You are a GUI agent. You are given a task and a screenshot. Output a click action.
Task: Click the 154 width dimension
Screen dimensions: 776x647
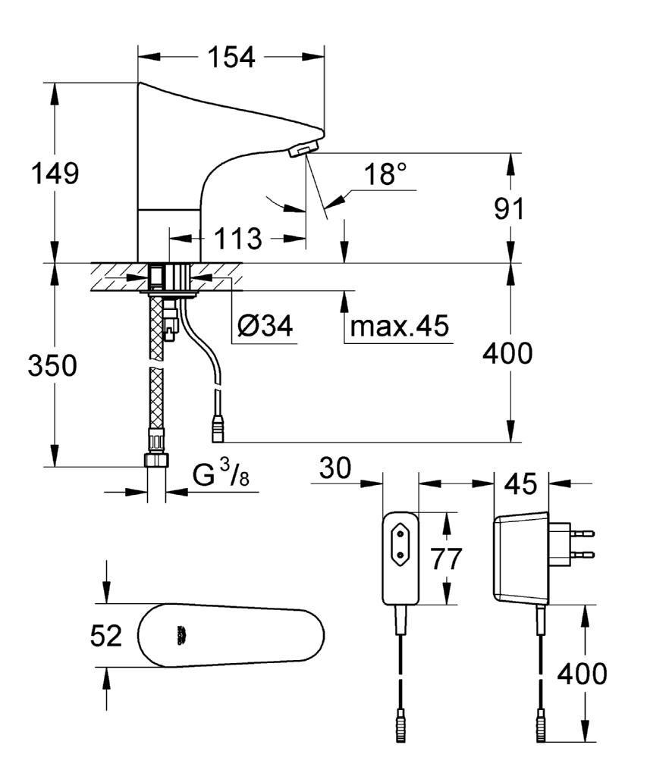coord(231,58)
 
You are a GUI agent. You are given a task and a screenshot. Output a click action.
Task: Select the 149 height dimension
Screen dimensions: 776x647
coord(54,174)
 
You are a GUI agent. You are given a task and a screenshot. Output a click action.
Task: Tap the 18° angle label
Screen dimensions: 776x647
coord(384,175)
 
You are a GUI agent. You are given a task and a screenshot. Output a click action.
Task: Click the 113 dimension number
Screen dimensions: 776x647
coord(237,239)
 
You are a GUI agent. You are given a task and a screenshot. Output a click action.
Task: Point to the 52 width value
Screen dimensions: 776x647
coord(105,637)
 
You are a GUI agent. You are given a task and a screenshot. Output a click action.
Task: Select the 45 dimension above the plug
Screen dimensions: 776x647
coord(520,483)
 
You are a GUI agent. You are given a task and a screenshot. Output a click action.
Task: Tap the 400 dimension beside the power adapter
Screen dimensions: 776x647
coord(582,673)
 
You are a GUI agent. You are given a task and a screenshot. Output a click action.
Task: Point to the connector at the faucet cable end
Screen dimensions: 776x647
coord(218,430)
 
